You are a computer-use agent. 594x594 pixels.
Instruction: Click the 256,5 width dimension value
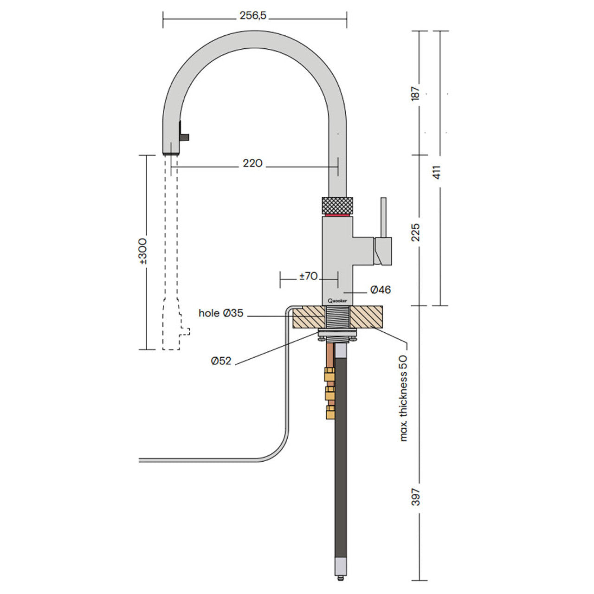[253, 15]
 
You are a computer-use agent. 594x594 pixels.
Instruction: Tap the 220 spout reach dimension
[252, 163]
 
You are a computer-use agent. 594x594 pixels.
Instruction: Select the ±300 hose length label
[143, 251]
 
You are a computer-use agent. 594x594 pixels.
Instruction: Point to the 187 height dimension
[416, 93]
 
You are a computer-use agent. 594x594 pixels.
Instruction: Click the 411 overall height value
[437, 172]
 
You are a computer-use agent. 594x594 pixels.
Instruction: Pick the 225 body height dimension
[416, 232]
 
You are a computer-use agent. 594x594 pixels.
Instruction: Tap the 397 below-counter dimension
[416, 497]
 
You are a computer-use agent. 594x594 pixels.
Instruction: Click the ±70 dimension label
[308, 276]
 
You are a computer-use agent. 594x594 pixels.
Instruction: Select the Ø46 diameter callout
[381, 290]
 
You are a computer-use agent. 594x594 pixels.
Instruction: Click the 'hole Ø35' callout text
[221, 313]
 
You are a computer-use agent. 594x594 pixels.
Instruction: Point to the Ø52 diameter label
[221, 361]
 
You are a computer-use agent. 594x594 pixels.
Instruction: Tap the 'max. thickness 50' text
[403, 399]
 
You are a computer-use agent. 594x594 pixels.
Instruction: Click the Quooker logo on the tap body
[337, 301]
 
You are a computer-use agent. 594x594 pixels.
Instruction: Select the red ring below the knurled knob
[337, 214]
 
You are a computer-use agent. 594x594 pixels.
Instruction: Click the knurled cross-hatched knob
[337, 205]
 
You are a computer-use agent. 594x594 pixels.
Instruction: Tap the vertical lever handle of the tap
[383, 217]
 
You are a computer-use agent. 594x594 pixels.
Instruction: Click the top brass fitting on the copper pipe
[329, 375]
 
